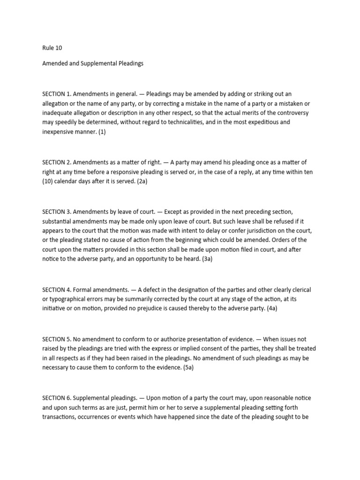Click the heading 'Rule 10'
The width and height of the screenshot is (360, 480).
pos(52,47)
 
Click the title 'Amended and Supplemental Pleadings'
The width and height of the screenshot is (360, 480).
pos(92,63)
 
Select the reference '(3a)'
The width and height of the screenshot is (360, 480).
pos(207,259)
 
